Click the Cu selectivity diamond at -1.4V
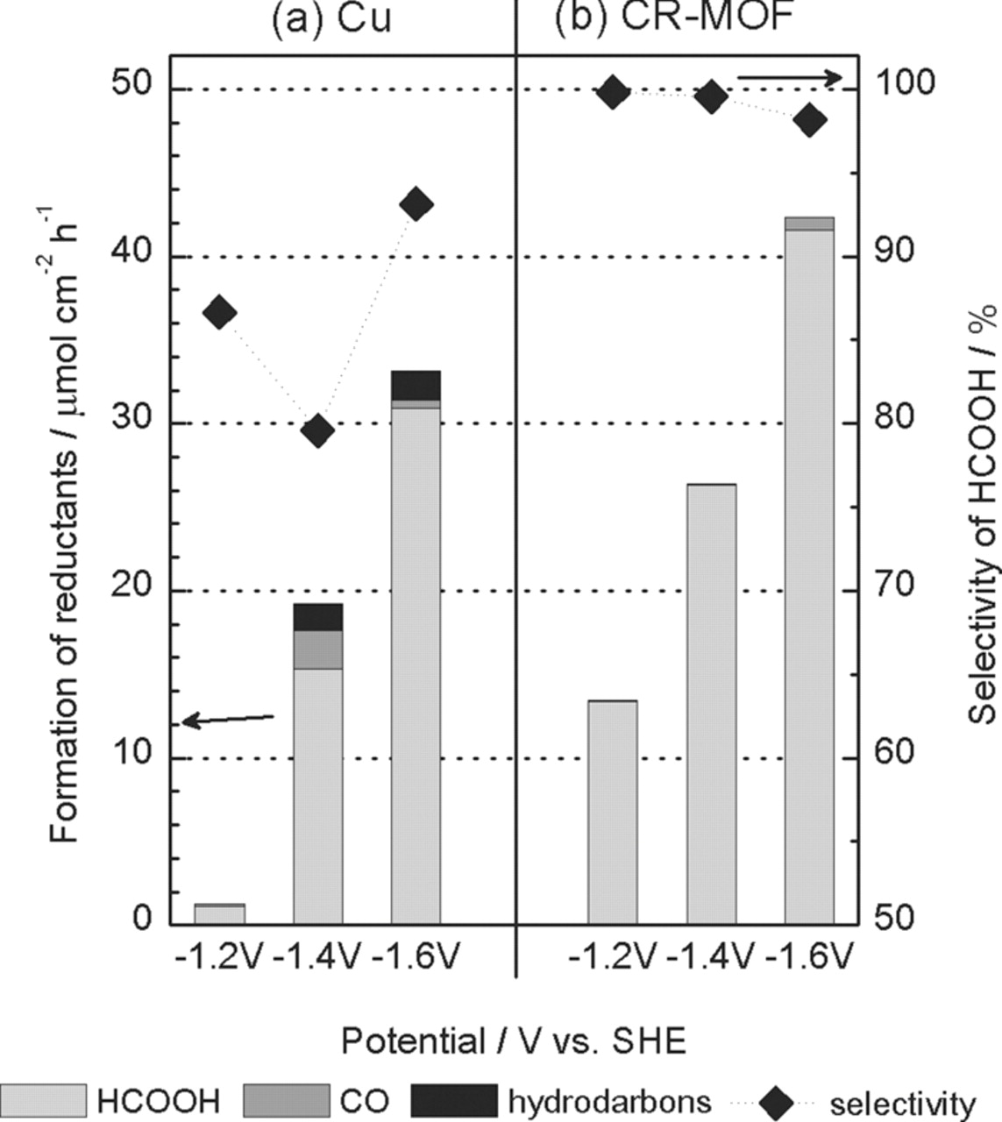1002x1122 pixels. point(317,431)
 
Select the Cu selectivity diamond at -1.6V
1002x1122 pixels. point(416,205)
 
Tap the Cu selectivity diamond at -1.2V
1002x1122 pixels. point(219,312)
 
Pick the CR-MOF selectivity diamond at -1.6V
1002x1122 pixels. point(809,121)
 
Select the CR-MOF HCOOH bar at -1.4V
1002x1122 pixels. point(711,701)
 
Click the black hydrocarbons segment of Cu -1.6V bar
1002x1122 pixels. point(416,385)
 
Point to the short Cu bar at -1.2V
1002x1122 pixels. point(219,913)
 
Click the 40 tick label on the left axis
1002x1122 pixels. point(131,255)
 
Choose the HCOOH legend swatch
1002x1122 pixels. point(44,1099)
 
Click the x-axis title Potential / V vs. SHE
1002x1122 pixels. point(513,1042)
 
